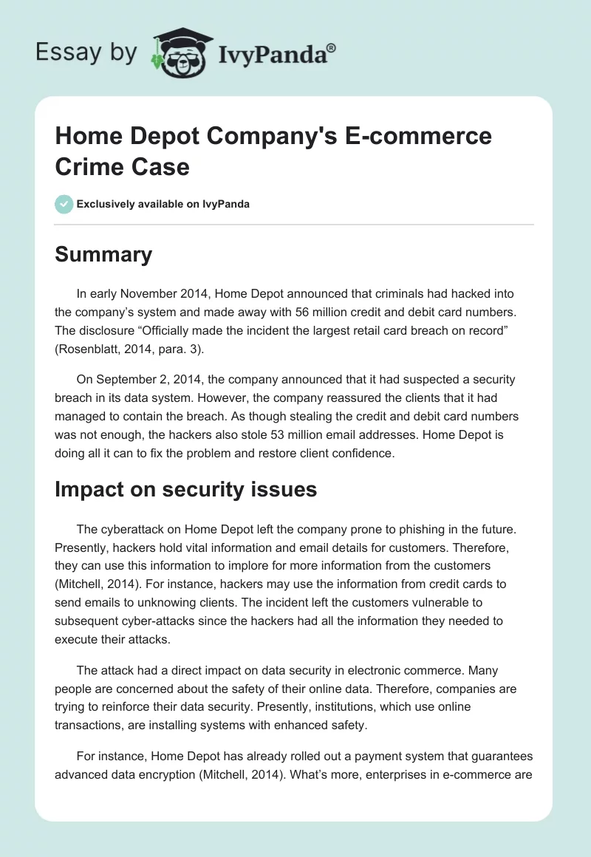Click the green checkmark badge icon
point(64,204)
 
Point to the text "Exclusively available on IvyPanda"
point(163,204)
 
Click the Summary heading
point(103,254)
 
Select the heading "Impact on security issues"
point(185,488)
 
